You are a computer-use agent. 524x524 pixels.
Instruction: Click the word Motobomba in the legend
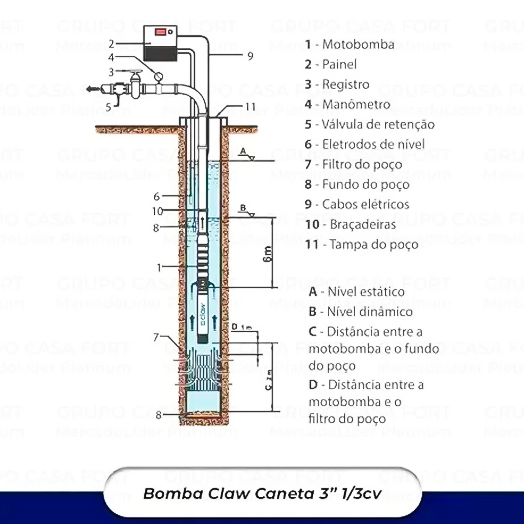358,44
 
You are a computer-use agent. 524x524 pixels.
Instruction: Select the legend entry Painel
339,64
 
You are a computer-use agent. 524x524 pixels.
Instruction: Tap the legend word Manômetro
356,104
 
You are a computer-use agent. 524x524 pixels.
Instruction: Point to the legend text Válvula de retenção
378,124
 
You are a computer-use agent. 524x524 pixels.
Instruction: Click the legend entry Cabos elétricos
365,204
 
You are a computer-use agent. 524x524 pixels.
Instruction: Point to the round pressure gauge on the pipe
158,76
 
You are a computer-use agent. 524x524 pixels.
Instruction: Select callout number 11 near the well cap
250,106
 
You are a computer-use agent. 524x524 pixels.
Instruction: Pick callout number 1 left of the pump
160,267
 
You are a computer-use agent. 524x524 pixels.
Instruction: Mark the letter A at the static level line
243,150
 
